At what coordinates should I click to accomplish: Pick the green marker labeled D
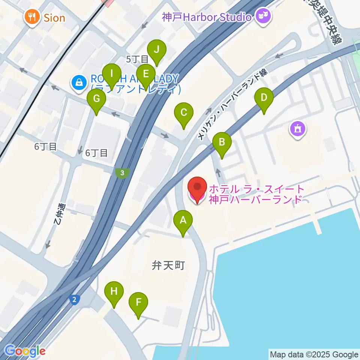click(x=264, y=99)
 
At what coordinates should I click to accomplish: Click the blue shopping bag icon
click(x=79, y=82)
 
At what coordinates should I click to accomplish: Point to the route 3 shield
click(x=122, y=173)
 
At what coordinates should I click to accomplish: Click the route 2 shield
click(x=75, y=299)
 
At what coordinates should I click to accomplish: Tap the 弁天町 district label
click(x=168, y=265)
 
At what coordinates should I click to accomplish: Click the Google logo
click(x=25, y=351)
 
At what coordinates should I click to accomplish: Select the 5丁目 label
click(x=137, y=59)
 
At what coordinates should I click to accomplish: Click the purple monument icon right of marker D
click(x=298, y=129)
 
